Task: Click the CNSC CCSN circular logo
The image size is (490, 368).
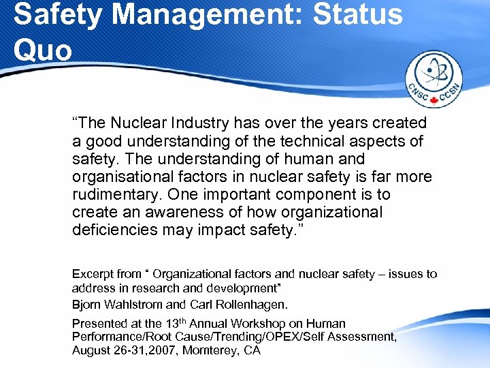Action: [434, 80]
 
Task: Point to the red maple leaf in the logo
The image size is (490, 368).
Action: [434, 100]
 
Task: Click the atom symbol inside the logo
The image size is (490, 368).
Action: [434, 74]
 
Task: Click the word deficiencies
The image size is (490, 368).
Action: [115, 230]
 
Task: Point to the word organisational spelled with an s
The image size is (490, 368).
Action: [120, 177]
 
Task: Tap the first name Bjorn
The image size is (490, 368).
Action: [86, 304]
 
